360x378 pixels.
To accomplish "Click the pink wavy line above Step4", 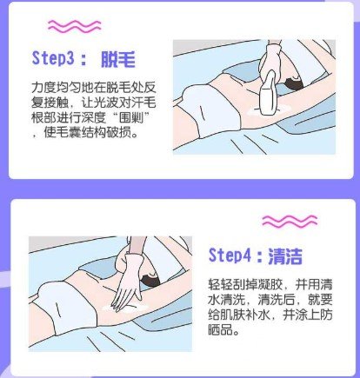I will pyautogui.click(x=243, y=225).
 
